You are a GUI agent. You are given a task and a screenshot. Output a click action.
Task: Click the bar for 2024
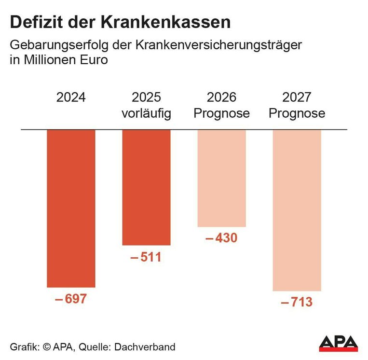[71, 208]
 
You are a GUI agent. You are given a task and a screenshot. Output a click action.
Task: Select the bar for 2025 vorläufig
[146, 187]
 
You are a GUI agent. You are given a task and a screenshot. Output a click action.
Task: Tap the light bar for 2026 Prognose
[221, 178]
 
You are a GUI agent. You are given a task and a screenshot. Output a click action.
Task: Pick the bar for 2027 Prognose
[297, 210]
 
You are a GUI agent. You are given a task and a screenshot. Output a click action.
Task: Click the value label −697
[71, 299]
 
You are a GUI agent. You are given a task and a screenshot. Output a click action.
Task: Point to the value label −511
[146, 257]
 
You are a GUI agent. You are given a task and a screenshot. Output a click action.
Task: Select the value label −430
[221, 238]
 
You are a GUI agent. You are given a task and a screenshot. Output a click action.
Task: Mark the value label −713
[297, 303]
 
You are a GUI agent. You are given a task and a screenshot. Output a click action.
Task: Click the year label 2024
[71, 97]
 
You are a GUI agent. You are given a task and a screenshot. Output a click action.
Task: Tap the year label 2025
[146, 97]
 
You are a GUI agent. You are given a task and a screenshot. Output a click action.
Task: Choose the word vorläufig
[146, 114]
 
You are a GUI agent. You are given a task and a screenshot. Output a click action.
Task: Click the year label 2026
[221, 97]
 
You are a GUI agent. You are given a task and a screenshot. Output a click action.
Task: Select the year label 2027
[297, 97]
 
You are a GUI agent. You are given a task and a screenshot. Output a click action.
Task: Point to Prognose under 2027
[297, 114]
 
